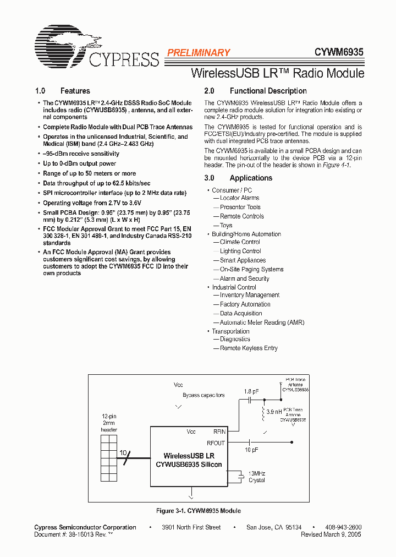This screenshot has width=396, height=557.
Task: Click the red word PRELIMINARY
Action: click(198, 53)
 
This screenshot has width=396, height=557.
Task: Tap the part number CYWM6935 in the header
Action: click(338, 53)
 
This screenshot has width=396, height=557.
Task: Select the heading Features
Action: click(75, 91)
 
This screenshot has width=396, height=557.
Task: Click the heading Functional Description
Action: click(268, 91)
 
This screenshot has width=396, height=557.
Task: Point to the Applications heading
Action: click(251, 178)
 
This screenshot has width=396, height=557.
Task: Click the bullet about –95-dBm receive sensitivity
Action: click(81, 154)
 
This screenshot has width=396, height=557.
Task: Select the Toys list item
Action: click(226, 225)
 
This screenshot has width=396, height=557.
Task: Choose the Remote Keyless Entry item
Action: click(249, 348)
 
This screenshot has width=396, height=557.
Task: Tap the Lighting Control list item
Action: click(240, 251)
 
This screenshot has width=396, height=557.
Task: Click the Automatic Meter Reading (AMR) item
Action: click(262, 323)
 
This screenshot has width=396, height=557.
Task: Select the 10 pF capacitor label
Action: click(251, 450)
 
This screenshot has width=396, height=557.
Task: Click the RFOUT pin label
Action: click(216, 443)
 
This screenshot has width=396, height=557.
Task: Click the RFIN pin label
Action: click(219, 432)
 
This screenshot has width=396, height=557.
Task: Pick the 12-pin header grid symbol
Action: click(109, 457)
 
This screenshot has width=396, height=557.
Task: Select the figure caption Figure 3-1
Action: click(198, 511)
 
